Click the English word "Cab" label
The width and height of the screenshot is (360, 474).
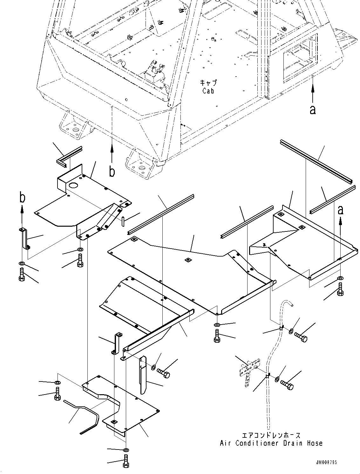pos(208,91)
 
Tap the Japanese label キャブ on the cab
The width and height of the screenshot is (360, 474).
pos(208,83)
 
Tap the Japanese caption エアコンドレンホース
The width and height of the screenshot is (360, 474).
pos(271,435)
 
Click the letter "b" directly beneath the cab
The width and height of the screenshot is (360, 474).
pos(112,172)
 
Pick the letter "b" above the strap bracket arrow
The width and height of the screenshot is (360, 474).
pos(22,197)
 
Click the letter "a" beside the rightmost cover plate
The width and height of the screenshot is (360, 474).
pos(340,210)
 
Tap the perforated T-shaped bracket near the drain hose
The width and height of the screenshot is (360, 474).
pos(248,372)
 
